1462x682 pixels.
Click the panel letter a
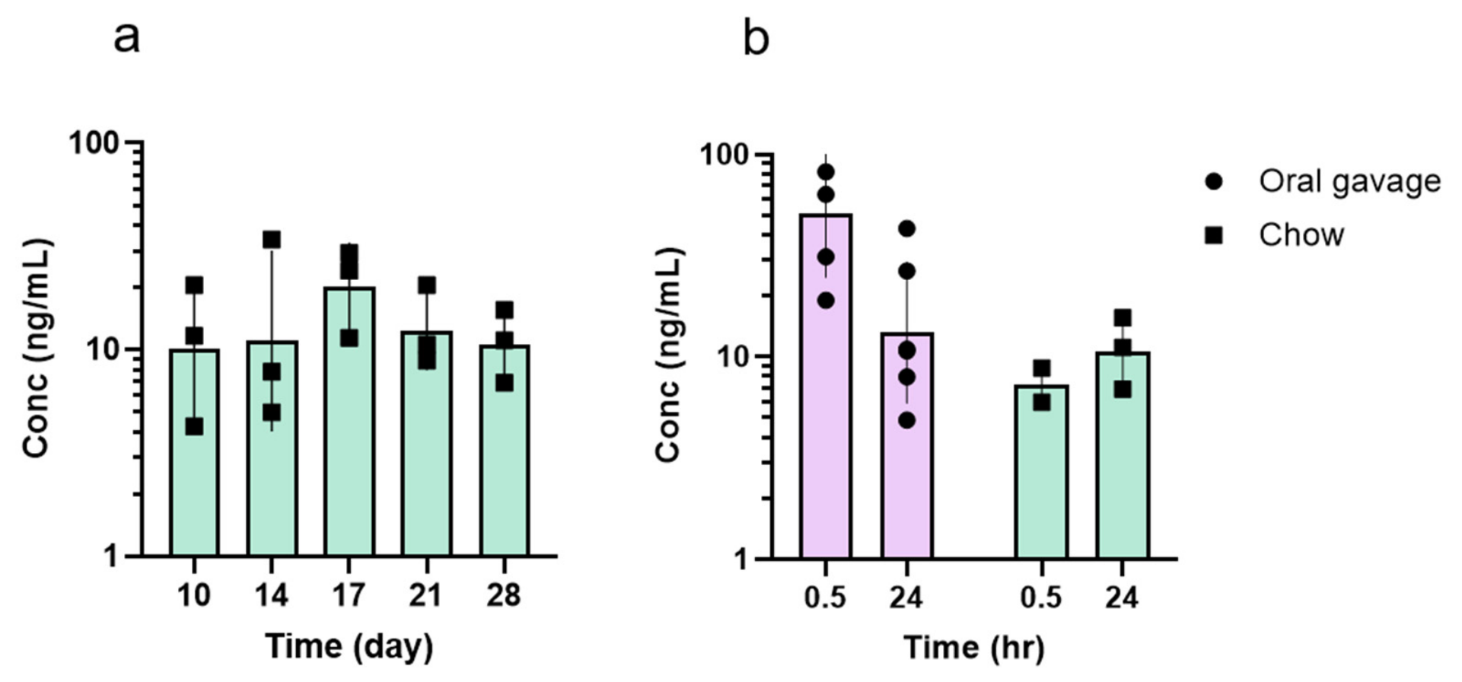pyautogui.click(x=127, y=38)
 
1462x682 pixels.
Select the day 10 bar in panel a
pyautogui.click(x=194, y=453)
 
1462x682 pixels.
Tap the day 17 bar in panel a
pyautogui.click(x=349, y=422)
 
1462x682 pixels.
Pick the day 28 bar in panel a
pyautogui.click(x=504, y=451)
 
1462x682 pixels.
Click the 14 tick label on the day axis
pyautogui.click(x=272, y=595)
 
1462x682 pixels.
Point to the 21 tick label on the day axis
pyautogui.click(x=426, y=595)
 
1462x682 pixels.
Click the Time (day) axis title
pyautogui.click(x=349, y=646)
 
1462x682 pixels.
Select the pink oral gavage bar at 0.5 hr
pyautogui.click(x=826, y=387)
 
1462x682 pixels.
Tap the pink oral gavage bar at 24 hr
pyautogui.click(x=907, y=446)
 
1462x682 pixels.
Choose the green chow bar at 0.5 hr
pyautogui.click(x=1041, y=472)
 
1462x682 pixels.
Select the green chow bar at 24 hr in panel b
pyautogui.click(x=1123, y=455)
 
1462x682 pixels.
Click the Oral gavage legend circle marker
pyautogui.click(x=1213, y=182)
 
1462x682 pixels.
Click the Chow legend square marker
pyautogui.click(x=1213, y=235)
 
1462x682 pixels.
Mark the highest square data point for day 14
pyautogui.click(x=272, y=240)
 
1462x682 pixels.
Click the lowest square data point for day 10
pyautogui.click(x=194, y=427)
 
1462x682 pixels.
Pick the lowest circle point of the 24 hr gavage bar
pyautogui.click(x=907, y=420)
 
